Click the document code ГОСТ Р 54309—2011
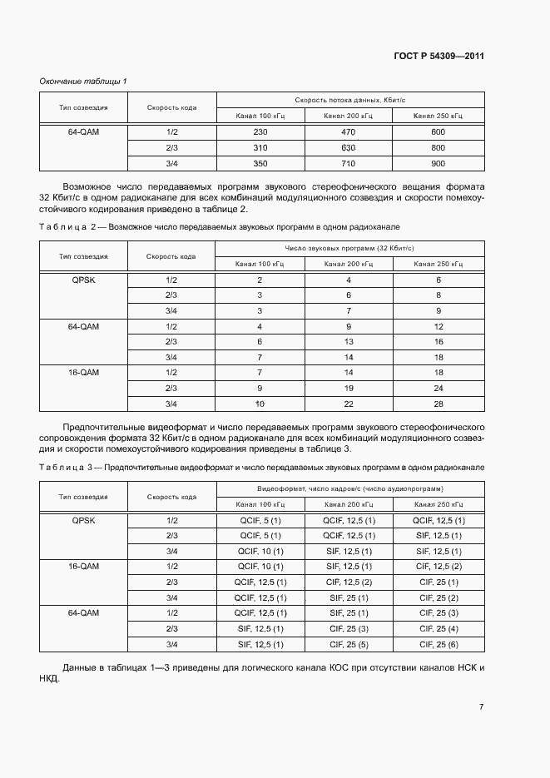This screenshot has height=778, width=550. click(439, 57)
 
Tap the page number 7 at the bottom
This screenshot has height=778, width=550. click(481, 707)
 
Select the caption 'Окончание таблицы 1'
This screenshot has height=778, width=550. click(83, 81)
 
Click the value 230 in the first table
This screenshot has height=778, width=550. click(260, 132)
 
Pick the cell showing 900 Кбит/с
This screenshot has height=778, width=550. click(439, 163)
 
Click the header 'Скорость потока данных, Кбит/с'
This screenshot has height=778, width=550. click(349, 100)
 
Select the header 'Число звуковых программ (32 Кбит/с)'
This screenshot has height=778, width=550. click(349, 248)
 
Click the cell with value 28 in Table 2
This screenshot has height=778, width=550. click(439, 404)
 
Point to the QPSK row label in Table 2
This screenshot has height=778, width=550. click(83, 280)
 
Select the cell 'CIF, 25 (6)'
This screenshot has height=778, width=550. click(439, 644)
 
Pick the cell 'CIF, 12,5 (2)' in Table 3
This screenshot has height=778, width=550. click(349, 582)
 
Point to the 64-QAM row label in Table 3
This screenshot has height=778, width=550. click(83, 612)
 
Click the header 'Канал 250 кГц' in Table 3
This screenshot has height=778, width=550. click(439, 504)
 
